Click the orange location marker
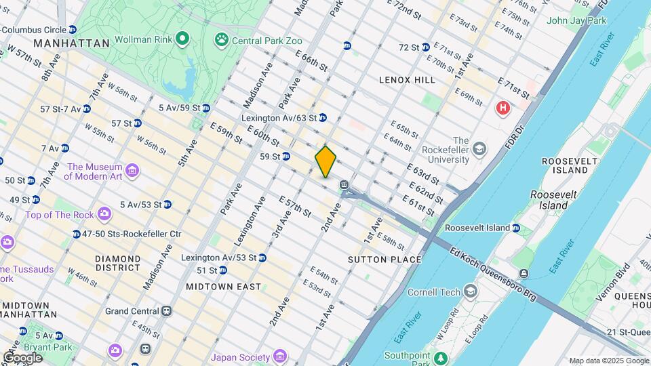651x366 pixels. [x=325, y=161]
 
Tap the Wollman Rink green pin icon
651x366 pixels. [x=182, y=39]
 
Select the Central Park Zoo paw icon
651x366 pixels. [x=222, y=40]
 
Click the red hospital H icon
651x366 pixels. [x=502, y=108]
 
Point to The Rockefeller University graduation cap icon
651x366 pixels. [x=479, y=148]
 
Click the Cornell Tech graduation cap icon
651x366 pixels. [x=470, y=292]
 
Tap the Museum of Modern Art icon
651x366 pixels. [x=132, y=169]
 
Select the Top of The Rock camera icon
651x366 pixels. [x=104, y=214]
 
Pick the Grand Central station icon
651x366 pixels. [x=166, y=311]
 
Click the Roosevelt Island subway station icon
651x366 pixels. [x=516, y=228]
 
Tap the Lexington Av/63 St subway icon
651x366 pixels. [x=323, y=117]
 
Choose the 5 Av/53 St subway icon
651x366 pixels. [x=167, y=204]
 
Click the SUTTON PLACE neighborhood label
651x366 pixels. [x=384, y=260]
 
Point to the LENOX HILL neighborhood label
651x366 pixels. [x=407, y=80]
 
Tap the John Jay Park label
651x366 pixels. [x=576, y=20]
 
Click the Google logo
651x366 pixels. [x=22, y=358]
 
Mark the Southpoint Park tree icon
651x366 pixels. [x=441, y=357]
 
